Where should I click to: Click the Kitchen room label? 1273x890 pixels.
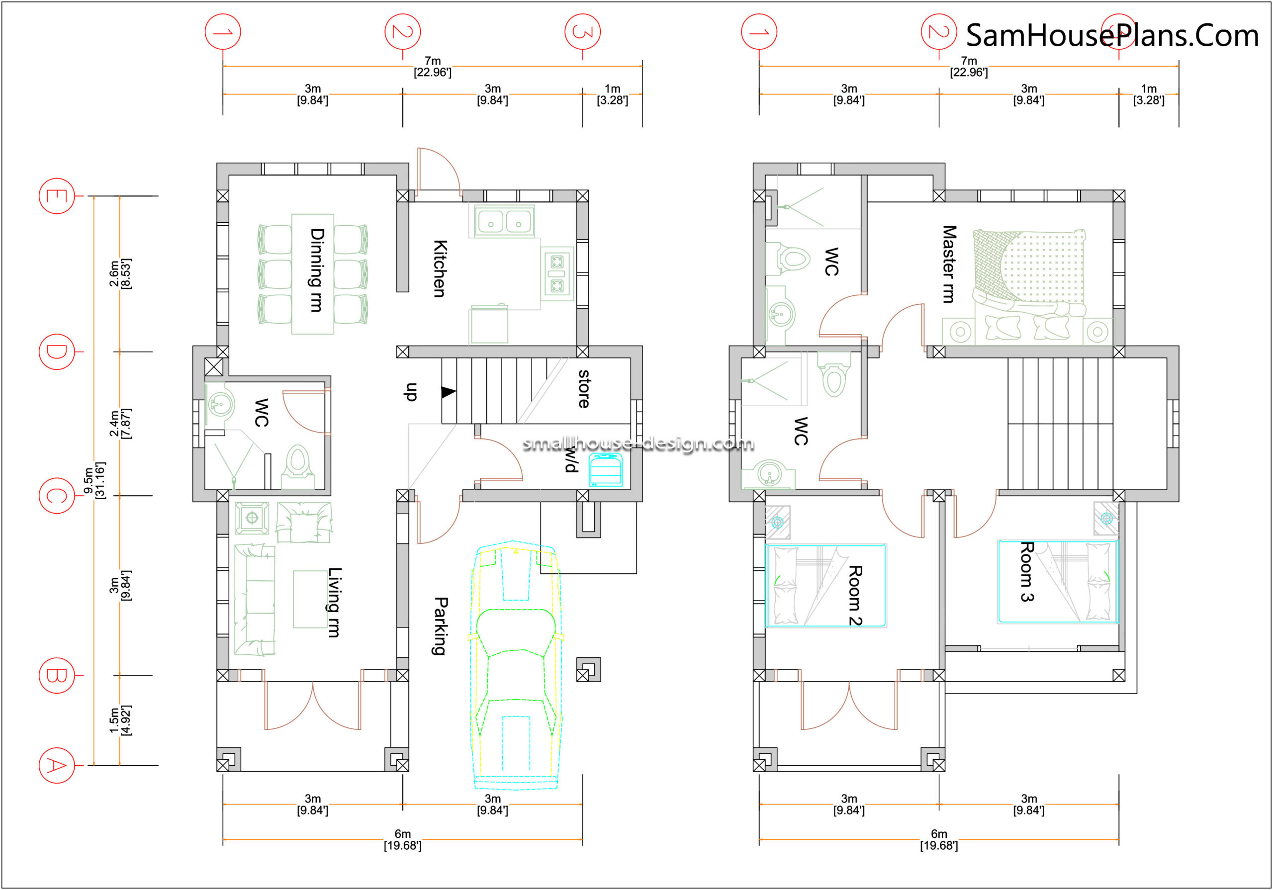440,269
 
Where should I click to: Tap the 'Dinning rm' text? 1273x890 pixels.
317,270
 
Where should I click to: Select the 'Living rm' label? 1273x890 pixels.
334,602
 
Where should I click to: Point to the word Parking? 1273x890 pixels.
440,626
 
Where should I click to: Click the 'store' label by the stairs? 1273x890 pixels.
584,389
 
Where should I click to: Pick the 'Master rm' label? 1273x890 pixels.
949,264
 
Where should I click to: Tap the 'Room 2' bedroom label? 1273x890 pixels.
855,596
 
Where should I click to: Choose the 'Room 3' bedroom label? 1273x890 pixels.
1027,572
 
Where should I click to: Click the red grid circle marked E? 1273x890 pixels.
57,196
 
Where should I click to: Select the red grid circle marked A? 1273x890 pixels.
57,766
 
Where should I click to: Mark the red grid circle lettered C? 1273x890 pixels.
57,496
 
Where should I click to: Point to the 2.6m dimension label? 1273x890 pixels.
120,273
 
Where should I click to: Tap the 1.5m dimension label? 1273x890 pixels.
120,720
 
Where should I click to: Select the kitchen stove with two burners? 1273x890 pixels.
556,273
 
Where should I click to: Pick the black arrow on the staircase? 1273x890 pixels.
449,392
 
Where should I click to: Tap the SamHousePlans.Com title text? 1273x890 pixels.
1112,35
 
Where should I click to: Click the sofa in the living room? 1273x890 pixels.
255,600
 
